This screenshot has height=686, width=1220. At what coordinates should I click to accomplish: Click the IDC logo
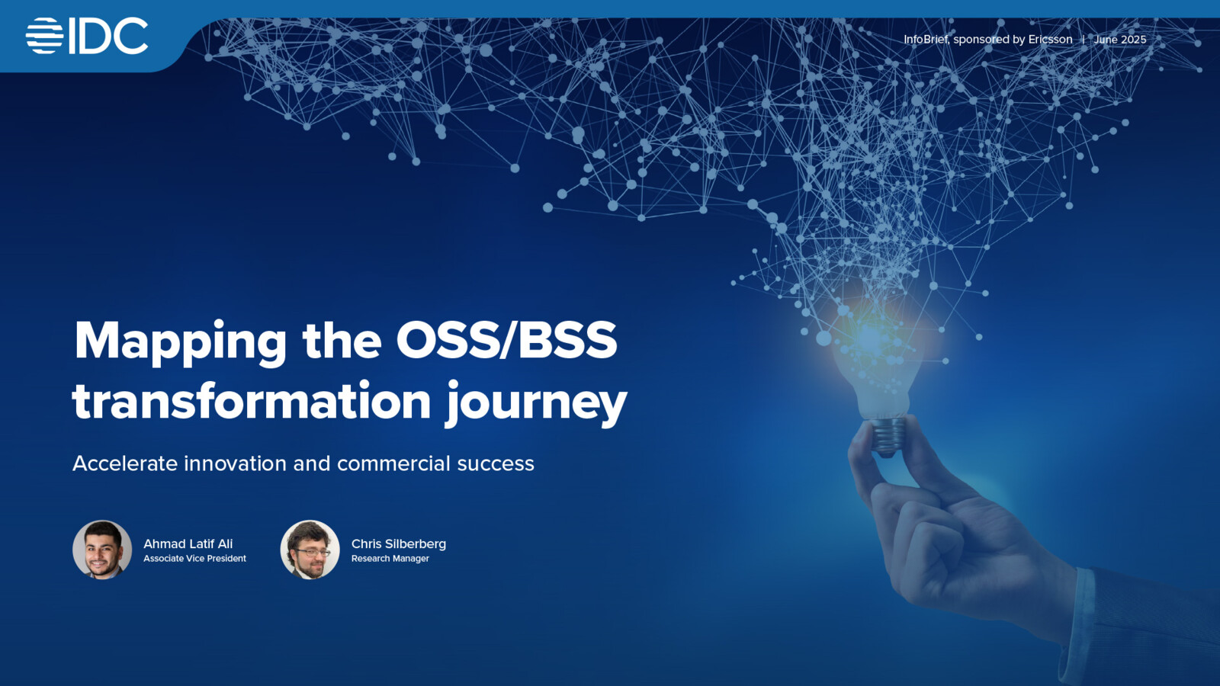tap(87, 36)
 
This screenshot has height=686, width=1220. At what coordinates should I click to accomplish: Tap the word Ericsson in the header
tap(1050, 40)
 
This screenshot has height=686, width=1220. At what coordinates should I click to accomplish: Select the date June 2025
tap(1119, 40)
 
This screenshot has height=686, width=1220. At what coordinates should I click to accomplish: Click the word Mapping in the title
tap(181, 341)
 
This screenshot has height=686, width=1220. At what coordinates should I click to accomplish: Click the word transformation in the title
tap(252, 402)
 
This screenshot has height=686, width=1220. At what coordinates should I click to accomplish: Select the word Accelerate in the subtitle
tap(125, 463)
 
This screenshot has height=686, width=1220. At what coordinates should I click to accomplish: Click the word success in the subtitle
tap(496, 463)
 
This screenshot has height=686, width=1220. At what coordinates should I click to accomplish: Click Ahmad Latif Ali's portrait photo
tap(102, 550)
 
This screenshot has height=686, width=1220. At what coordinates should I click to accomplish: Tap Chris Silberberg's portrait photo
tap(310, 550)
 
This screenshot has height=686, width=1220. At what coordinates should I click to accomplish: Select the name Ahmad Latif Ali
tap(188, 543)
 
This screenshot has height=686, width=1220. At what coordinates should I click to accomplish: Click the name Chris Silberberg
tap(398, 543)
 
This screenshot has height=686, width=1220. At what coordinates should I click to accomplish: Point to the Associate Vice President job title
tap(194, 559)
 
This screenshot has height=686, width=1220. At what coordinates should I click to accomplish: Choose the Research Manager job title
tap(390, 559)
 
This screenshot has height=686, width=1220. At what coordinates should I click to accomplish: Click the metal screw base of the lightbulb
tap(887, 435)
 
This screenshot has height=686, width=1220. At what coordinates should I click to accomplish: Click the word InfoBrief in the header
tap(926, 40)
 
